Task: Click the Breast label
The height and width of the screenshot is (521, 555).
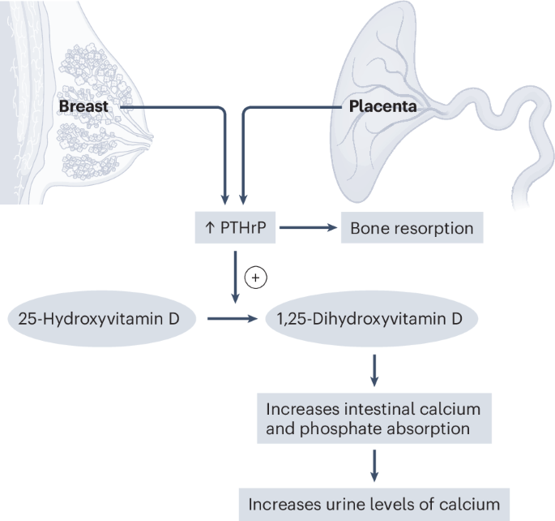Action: (x=83, y=106)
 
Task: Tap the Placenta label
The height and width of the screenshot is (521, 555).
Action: (x=382, y=106)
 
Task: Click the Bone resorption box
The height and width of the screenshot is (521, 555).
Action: (x=412, y=228)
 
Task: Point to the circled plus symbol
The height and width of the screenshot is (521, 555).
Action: (x=255, y=278)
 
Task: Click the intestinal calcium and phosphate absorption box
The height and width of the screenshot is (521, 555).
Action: (x=373, y=416)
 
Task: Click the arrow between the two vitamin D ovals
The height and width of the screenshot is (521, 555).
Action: (x=235, y=319)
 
